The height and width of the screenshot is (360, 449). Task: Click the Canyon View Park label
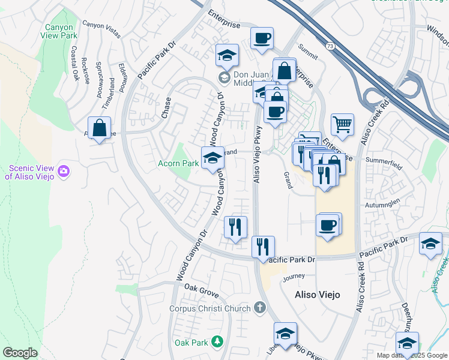pyautogui.click(x=59, y=31)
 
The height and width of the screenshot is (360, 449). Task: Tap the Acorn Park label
pyautogui.click(x=178, y=163)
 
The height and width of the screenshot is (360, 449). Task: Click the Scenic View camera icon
pyautogui.click(x=64, y=173)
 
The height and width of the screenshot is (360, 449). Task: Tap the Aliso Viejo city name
pyautogui.click(x=318, y=295)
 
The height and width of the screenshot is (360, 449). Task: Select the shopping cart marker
pyautogui.click(x=342, y=125)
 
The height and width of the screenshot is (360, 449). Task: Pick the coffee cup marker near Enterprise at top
pyautogui.click(x=262, y=39)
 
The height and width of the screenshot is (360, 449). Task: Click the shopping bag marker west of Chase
pyautogui.click(x=100, y=128)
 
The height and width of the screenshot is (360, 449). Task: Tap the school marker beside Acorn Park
pyautogui.click(x=212, y=158)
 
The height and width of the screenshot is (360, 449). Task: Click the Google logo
pyautogui.click(x=20, y=353)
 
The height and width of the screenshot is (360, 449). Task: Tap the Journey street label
pyautogui.click(x=294, y=277)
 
